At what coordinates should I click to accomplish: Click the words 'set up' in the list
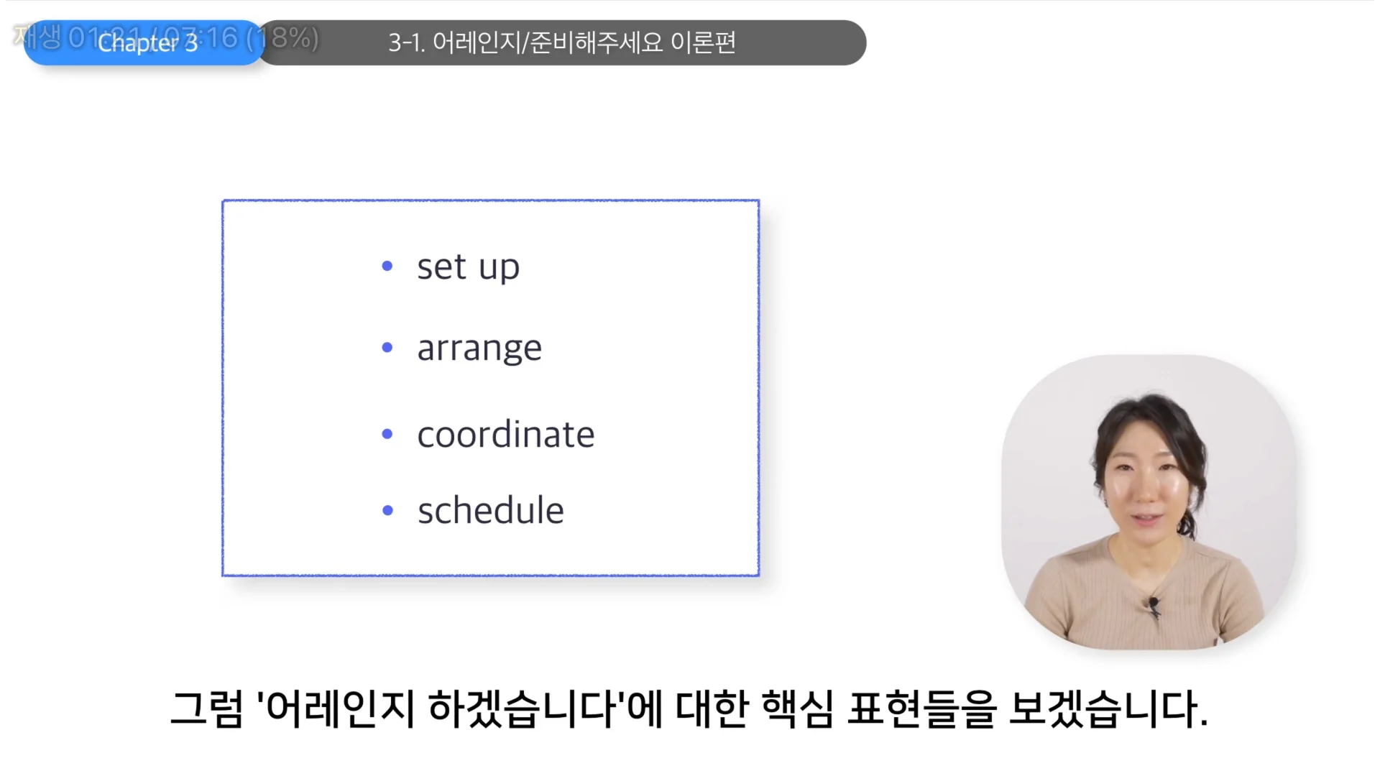(468, 267)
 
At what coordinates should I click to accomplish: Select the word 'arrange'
(479, 349)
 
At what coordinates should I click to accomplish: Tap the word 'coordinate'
(506, 435)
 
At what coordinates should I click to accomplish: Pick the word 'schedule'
(491, 511)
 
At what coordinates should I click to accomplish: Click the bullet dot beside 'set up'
(387, 267)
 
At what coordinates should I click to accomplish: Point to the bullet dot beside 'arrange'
(387, 348)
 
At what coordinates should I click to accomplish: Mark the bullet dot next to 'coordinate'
(387, 434)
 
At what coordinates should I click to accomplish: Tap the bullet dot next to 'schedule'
(388, 511)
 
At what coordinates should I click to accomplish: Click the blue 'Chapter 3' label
(147, 43)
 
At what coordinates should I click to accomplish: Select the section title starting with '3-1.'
(561, 42)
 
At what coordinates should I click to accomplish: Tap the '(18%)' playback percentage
(285, 37)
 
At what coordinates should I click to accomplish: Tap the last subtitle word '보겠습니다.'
(1108, 709)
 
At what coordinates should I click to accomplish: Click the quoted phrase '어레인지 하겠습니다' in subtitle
(441, 709)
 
